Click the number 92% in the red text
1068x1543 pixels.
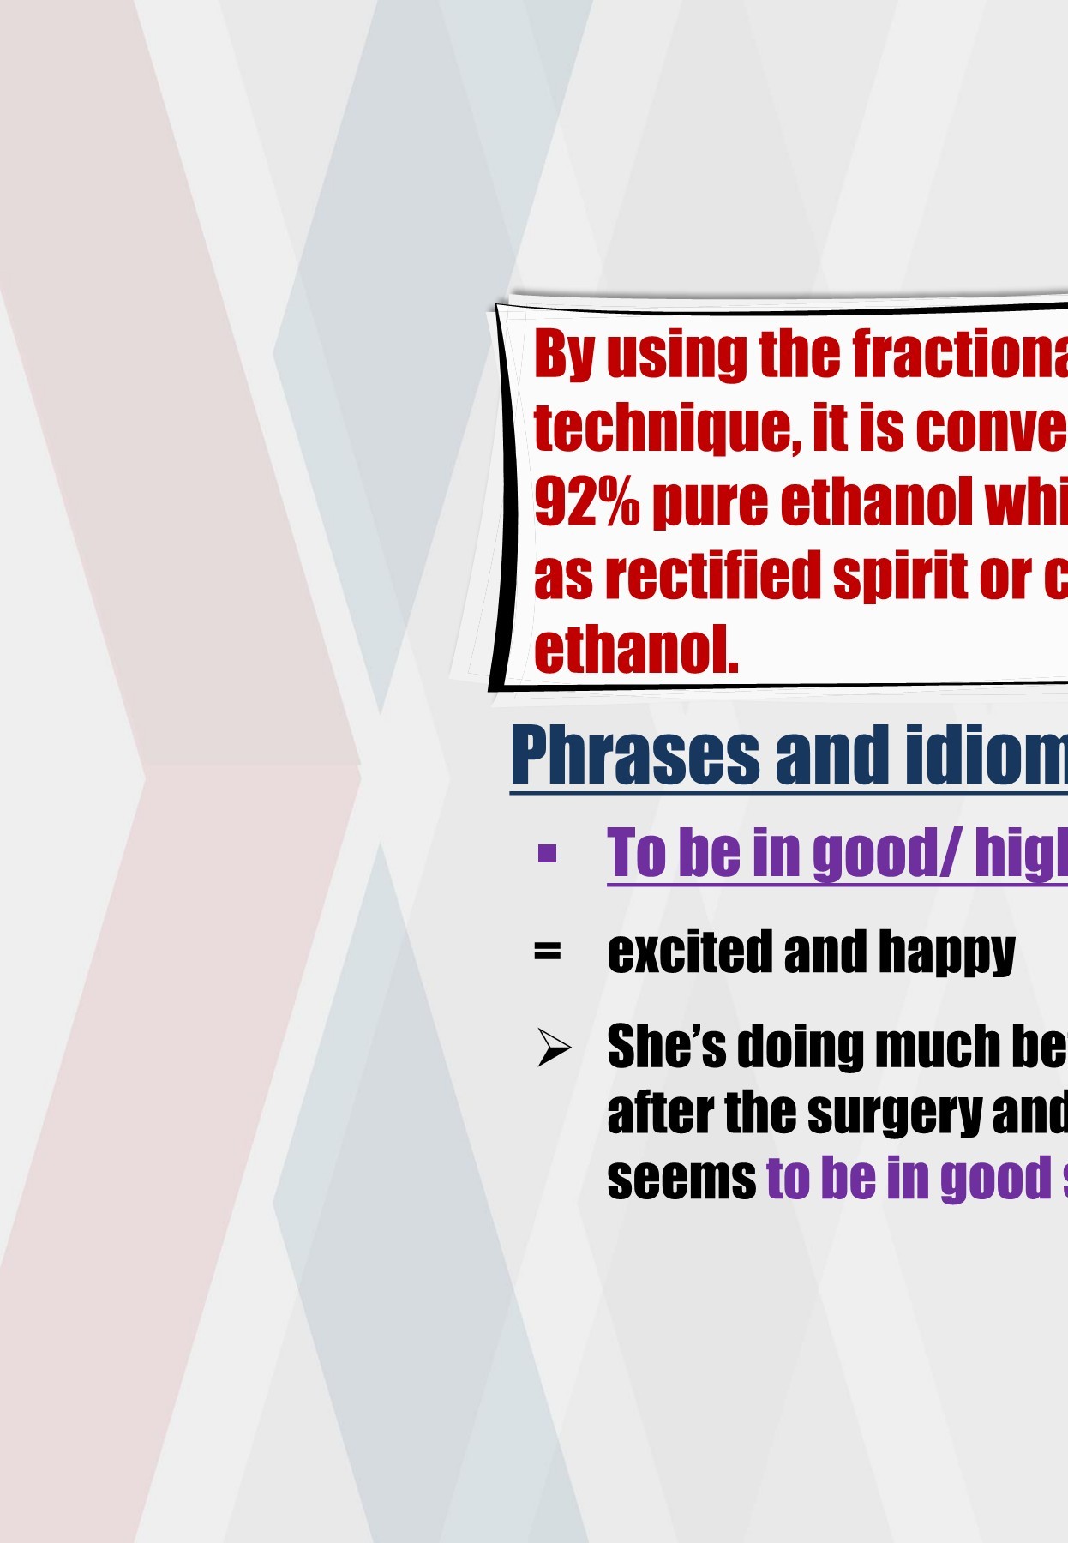586,501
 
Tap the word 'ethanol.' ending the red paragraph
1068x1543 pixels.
635,650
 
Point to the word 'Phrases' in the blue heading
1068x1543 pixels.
634,755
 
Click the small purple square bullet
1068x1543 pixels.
547,854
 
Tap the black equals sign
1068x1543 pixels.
547,952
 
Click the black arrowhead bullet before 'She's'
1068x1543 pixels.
553,1048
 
